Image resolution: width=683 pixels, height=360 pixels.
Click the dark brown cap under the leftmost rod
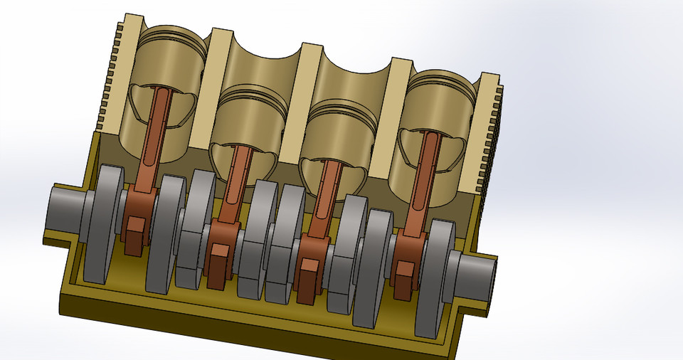133,238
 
